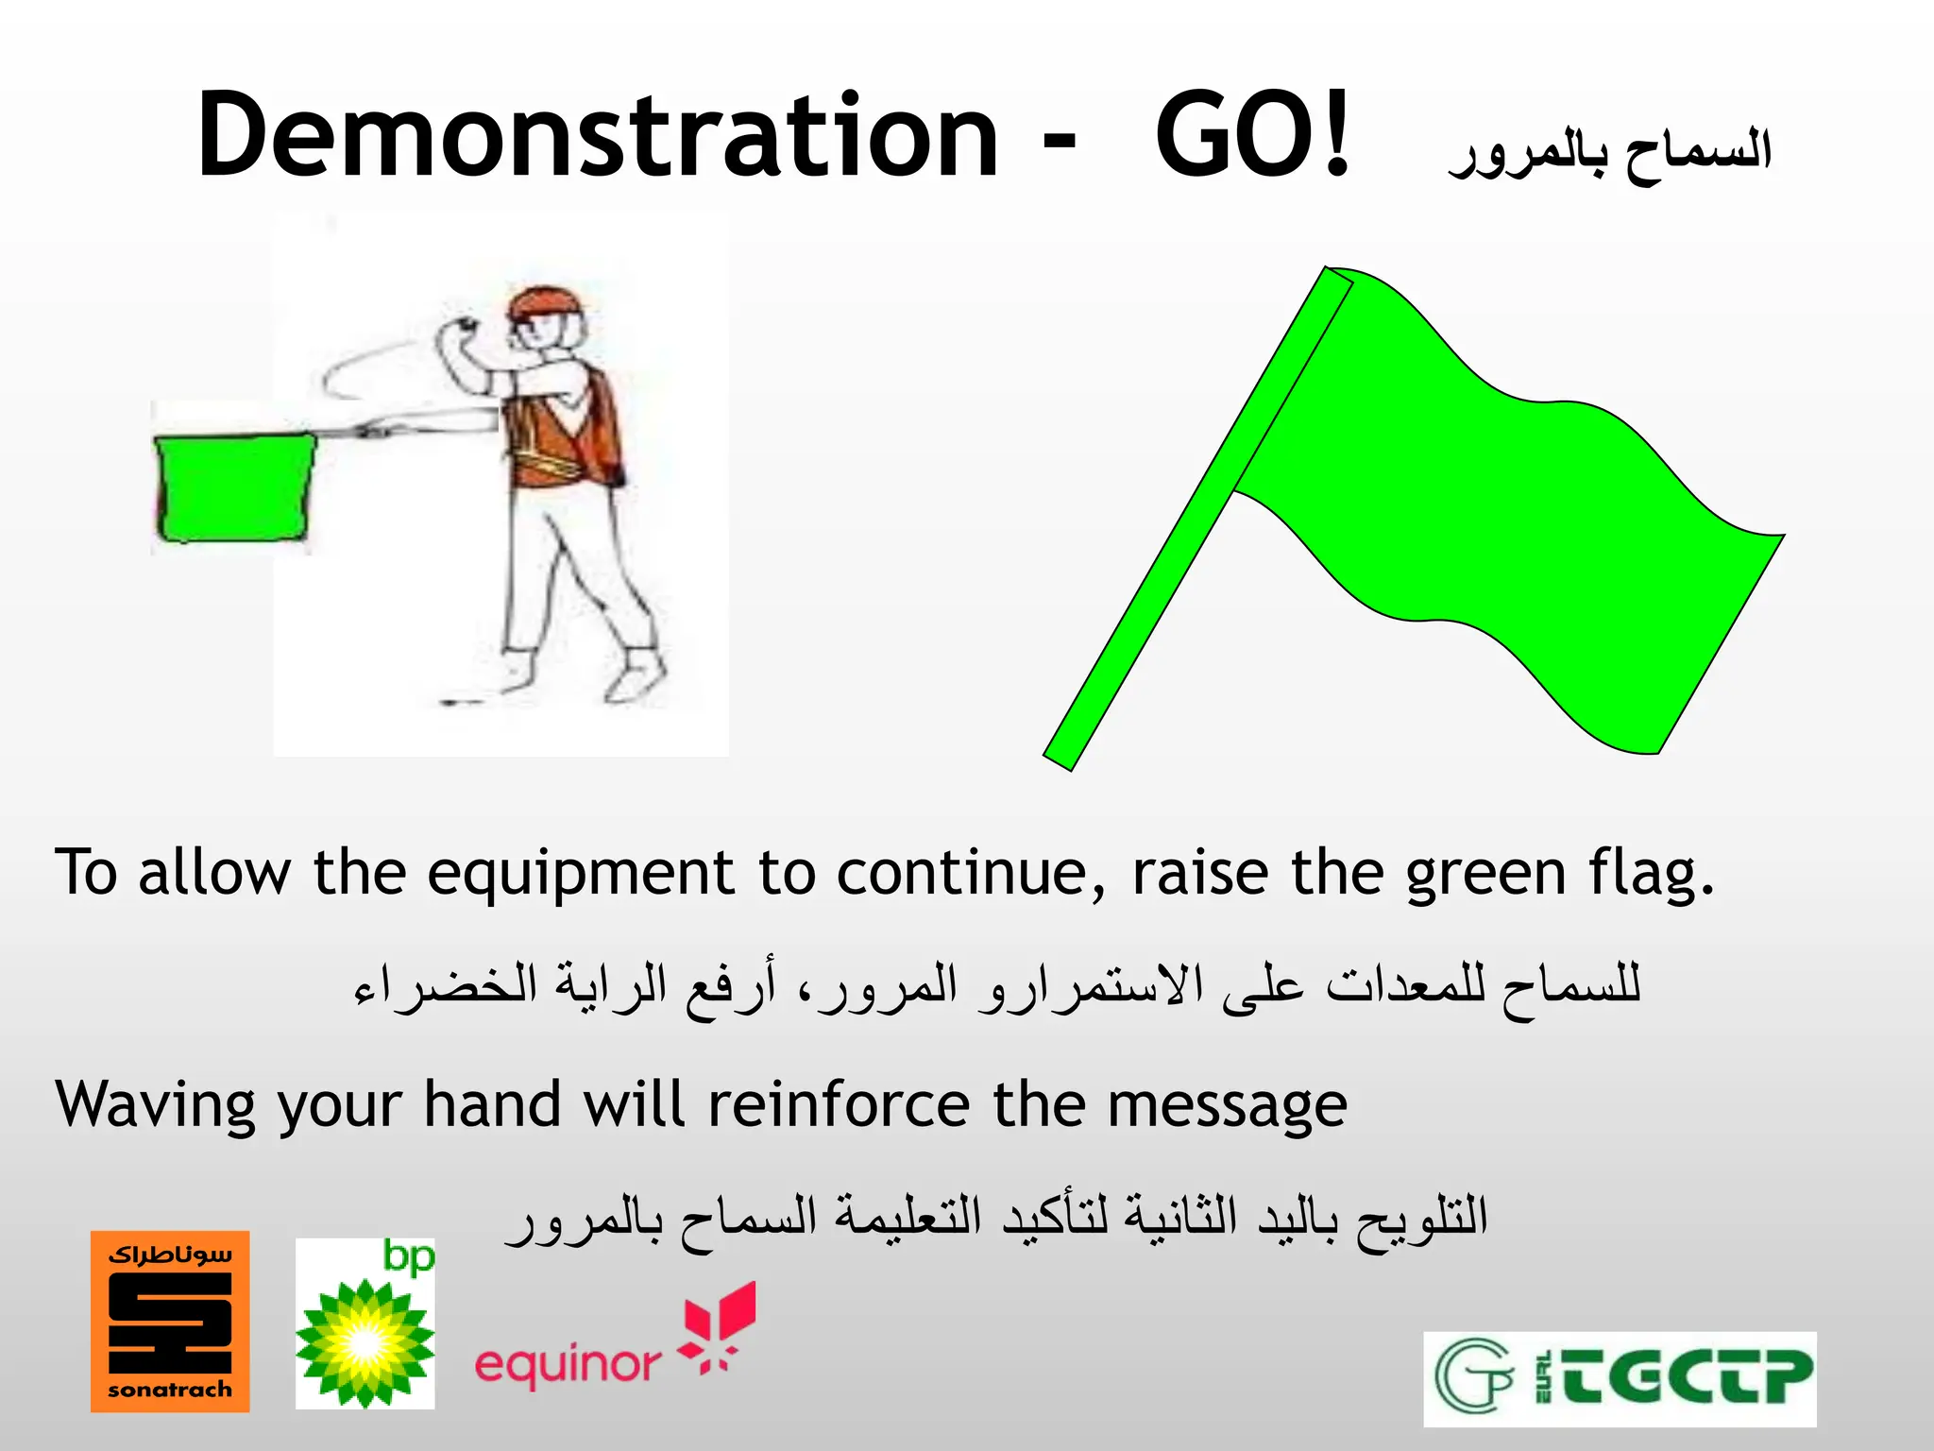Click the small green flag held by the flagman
[234, 487]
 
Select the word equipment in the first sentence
[580, 873]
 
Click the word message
[1227, 1105]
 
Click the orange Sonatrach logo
[170, 1321]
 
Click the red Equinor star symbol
[718, 1323]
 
